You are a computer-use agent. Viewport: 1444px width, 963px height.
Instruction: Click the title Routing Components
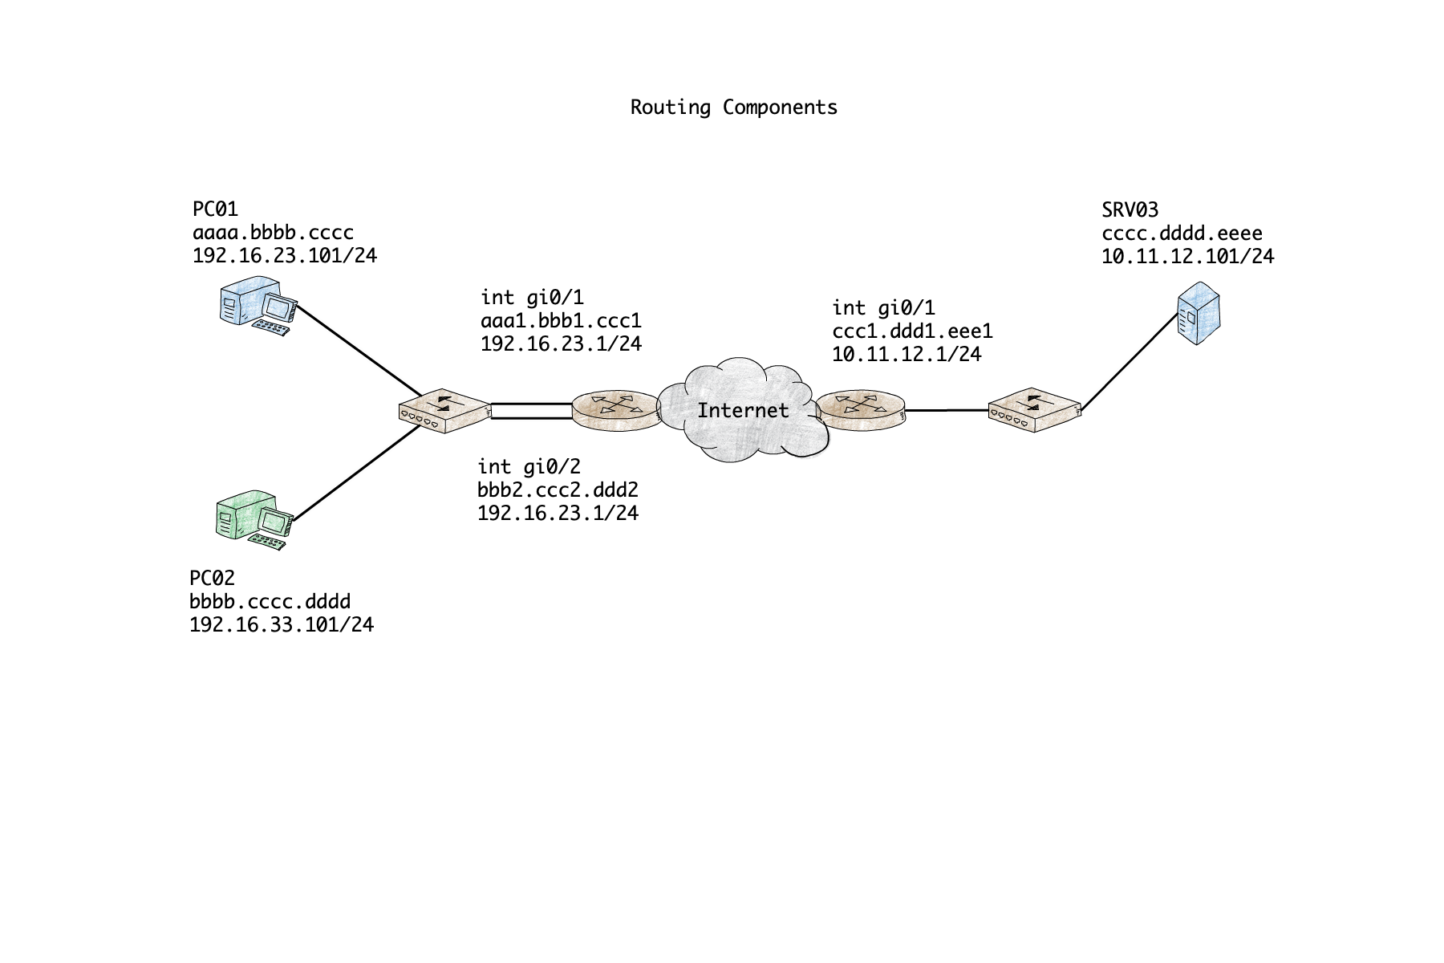click(x=733, y=108)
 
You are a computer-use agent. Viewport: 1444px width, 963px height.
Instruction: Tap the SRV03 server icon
click(x=1198, y=313)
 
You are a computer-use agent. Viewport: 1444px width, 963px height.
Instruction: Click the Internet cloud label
click(x=743, y=411)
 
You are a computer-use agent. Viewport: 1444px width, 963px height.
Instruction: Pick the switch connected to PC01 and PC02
click(x=444, y=411)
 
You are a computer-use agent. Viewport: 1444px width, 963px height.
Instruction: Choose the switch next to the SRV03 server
click(x=1034, y=410)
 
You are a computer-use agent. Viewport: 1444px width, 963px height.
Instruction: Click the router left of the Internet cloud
click(x=616, y=410)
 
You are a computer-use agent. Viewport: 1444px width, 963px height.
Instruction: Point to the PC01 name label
click(x=215, y=209)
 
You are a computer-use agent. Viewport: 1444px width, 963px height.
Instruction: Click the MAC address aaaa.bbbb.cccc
click(x=273, y=233)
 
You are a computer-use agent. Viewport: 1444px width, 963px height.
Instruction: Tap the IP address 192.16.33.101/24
click(x=282, y=624)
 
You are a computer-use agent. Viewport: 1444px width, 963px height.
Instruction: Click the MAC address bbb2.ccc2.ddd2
click(x=558, y=490)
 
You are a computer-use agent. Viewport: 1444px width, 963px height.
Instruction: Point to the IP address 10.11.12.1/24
click(x=907, y=354)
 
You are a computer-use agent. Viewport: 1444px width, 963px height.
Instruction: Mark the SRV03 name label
click(x=1130, y=210)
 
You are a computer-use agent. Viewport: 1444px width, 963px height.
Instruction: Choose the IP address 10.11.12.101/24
click(x=1187, y=257)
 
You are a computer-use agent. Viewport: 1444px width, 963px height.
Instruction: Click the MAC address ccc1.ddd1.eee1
click(x=912, y=331)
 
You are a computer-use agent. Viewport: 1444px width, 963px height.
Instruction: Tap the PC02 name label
click(x=212, y=578)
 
